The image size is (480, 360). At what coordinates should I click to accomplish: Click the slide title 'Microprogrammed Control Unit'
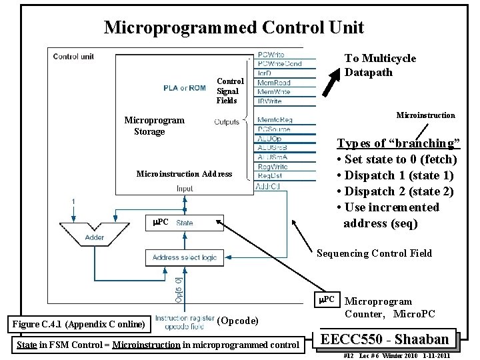click(234, 27)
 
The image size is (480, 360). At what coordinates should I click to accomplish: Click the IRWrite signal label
click(269, 101)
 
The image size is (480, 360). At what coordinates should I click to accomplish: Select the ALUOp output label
click(269, 139)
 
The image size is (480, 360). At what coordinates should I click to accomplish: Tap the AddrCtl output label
click(269, 186)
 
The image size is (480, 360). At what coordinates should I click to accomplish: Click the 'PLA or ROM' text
click(185, 87)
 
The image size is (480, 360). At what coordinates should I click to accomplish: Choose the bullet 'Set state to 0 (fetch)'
click(397, 159)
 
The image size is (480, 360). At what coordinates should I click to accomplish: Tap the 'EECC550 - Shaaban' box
click(390, 338)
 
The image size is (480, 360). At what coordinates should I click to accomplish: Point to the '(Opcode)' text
click(238, 321)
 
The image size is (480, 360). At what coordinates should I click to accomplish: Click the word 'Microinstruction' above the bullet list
click(425, 115)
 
